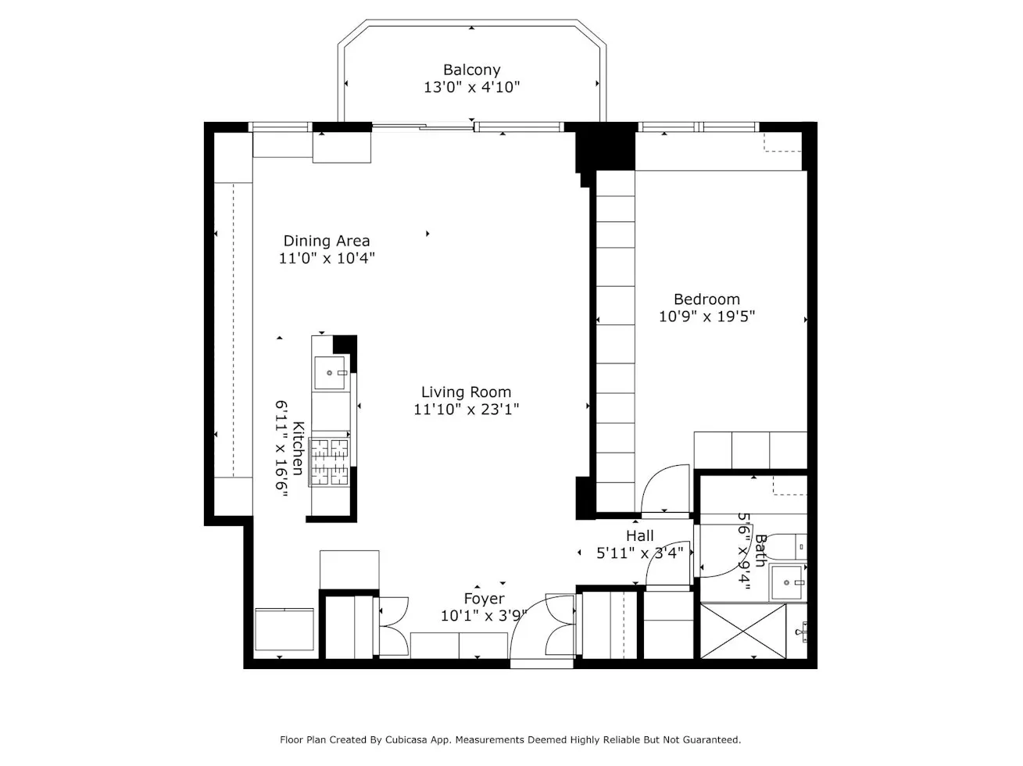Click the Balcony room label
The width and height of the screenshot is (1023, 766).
tap(471, 70)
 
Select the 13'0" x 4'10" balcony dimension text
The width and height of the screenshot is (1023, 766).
tap(471, 88)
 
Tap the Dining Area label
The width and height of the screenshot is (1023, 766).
tap(326, 241)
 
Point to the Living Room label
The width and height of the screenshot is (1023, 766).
tap(466, 392)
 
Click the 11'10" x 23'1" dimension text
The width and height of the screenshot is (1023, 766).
tap(466, 410)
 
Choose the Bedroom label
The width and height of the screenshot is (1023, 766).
tap(706, 299)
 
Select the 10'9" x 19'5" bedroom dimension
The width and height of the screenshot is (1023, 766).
tap(706, 317)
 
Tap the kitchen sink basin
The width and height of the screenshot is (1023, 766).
tap(331, 374)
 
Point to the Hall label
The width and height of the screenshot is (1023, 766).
tap(639, 536)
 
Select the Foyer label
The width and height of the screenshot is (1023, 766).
tap(484, 599)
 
